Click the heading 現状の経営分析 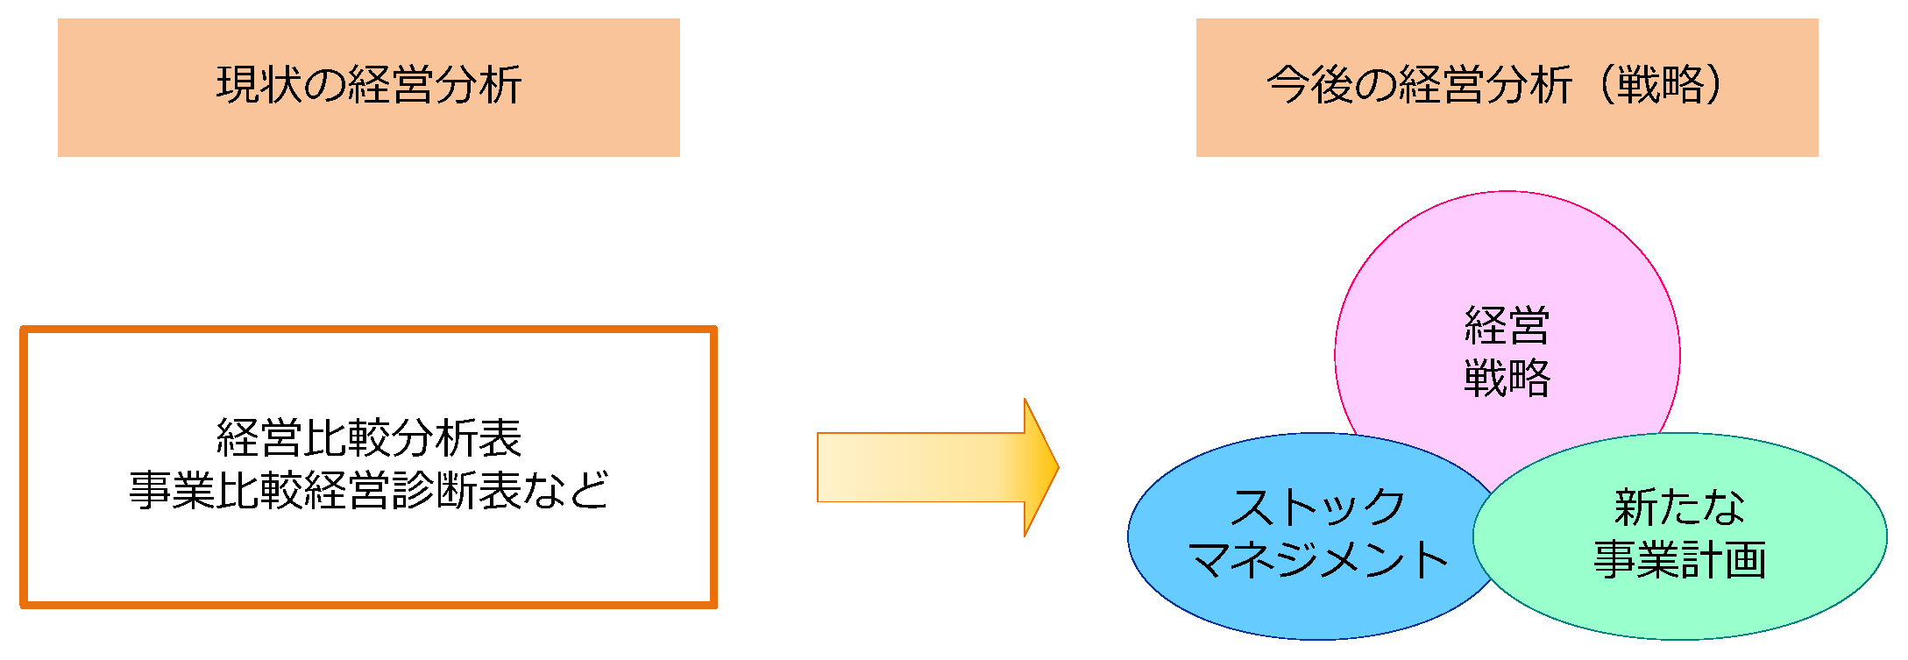[x=369, y=86]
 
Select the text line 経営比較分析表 [x=369, y=438]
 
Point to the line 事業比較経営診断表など [x=369, y=490]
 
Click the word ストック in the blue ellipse [x=1318, y=507]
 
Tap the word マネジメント [x=1318, y=560]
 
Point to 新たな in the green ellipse [x=1679, y=507]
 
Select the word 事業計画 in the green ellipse [x=1679, y=560]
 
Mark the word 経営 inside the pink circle [x=1507, y=326]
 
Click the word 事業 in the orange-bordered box [x=172, y=490]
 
